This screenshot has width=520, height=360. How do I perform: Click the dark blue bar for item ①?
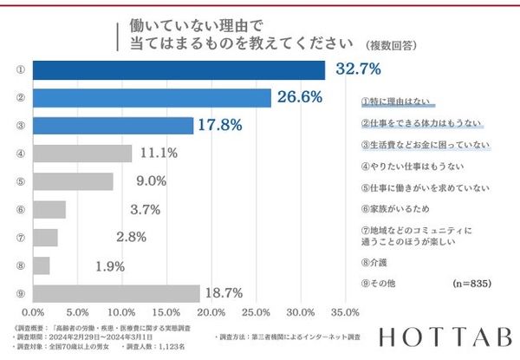[178, 69]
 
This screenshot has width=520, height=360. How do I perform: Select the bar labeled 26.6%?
[152, 97]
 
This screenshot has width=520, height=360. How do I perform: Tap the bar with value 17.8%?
[113, 125]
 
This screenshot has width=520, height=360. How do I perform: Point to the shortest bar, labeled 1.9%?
[41, 265]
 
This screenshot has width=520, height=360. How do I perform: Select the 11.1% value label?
[158, 154]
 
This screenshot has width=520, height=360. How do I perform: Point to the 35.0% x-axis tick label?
[345, 311]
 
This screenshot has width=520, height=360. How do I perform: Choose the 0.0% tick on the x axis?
[33, 311]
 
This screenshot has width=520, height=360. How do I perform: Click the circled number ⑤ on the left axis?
[19, 181]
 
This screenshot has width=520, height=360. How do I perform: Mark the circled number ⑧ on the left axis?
[19, 265]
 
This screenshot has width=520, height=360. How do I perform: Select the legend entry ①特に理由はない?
[398, 101]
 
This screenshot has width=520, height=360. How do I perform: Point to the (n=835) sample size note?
[477, 284]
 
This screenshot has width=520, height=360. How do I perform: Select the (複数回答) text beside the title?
[391, 45]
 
